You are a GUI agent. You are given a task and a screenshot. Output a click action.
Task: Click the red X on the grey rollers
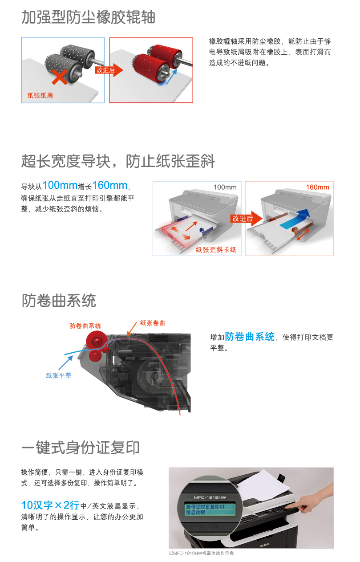(x=60, y=77)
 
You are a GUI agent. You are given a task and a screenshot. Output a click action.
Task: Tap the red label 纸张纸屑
(x=40, y=95)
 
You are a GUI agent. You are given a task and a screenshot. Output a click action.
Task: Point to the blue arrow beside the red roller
(x=172, y=76)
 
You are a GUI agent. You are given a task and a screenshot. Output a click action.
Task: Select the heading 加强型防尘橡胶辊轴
(x=88, y=17)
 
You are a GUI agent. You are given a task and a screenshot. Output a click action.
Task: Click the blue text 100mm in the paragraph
(x=60, y=185)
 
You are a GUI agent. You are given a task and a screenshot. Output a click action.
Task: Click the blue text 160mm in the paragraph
(x=110, y=185)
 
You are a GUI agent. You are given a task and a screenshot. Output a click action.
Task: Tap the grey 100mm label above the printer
(x=225, y=187)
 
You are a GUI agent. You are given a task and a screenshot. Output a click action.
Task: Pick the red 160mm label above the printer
(x=317, y=187)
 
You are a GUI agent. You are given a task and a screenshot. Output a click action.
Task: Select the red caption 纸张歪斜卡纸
(x=216, y=249)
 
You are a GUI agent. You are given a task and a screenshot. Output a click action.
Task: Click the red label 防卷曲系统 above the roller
(x=85, y=326)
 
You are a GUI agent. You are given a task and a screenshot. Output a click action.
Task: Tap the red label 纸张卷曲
(x=153, y=323)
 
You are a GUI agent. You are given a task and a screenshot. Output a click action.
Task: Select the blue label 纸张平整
(x=59, y=375)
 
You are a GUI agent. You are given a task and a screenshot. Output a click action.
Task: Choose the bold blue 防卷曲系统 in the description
(x=250, y=337)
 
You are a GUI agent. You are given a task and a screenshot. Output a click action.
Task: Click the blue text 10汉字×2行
(x=50, y=505)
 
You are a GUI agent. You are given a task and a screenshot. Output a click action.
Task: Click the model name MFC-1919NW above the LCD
(x=210, y=497)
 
